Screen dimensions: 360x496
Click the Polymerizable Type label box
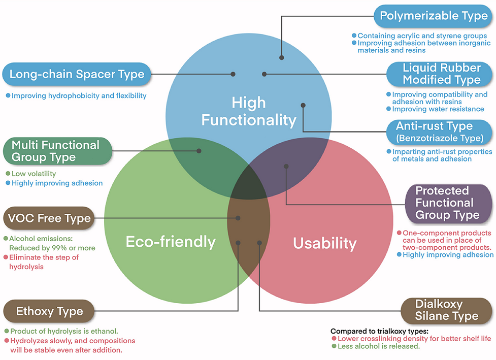[x=434, y=16]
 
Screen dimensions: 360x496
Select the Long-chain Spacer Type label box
[x=77, y=74]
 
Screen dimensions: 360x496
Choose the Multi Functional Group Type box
[x=55, y=151]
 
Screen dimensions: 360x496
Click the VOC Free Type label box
[x=49, y=219]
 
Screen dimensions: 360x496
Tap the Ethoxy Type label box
[x=49, y=311]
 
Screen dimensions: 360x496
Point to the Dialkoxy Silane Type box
[x=447, y=310]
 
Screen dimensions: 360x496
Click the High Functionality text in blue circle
[x=249, y=111]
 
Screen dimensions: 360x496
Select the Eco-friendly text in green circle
[x=171, y=242]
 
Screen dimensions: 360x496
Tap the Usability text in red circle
[x=325, y=243]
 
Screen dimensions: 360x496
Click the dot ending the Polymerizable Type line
[x=281, y=58]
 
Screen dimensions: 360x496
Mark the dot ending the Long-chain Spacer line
[x=233, y=74]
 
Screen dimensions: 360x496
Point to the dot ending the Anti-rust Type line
[x=303, y=106]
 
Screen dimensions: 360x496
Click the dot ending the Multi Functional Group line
[x=199, y=151]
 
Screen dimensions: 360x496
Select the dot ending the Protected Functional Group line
[x=286, y=166]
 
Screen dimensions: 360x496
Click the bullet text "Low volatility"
[x=34, y=174]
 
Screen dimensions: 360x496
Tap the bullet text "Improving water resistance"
[x=438, y=109]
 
